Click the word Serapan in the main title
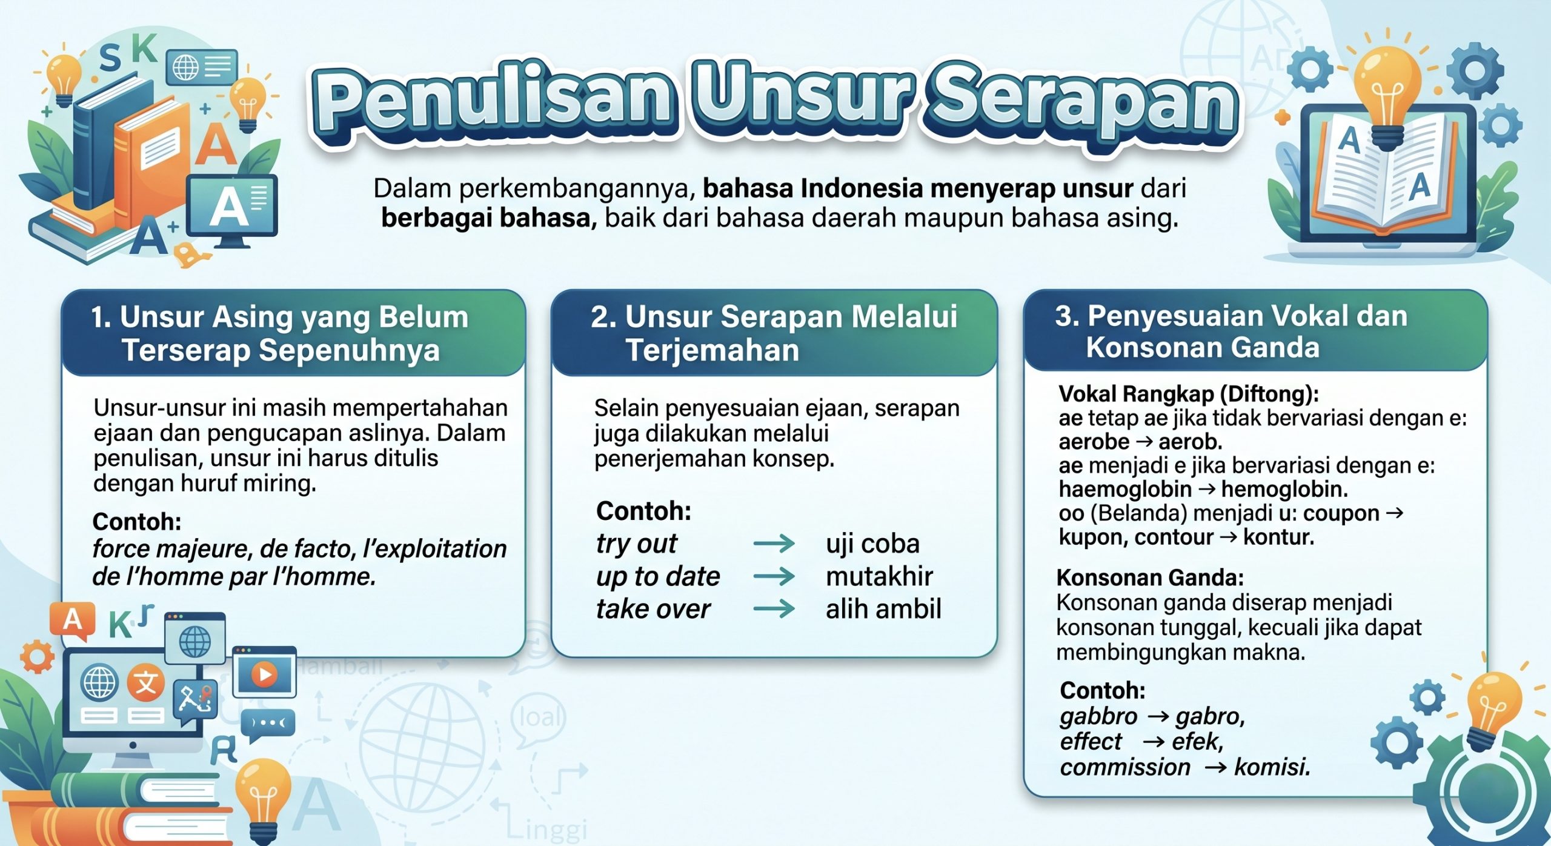click(1084, 107)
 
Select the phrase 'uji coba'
click(872, 544)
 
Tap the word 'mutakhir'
click(879, 576)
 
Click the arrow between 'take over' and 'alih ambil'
click(774, 608)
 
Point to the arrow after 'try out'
click(774, 543)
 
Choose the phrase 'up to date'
click(658, 576)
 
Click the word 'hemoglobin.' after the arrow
click(1284, 489)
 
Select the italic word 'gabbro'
click(1098, 716)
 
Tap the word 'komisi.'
click(1272, 767)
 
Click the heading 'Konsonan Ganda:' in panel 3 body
click(1150, 578)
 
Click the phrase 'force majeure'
click(172, 549)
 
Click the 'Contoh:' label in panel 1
click(137, 521)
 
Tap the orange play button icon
click(264, 674)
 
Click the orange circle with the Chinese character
click(145, 683)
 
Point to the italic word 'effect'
click(1091, 742)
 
